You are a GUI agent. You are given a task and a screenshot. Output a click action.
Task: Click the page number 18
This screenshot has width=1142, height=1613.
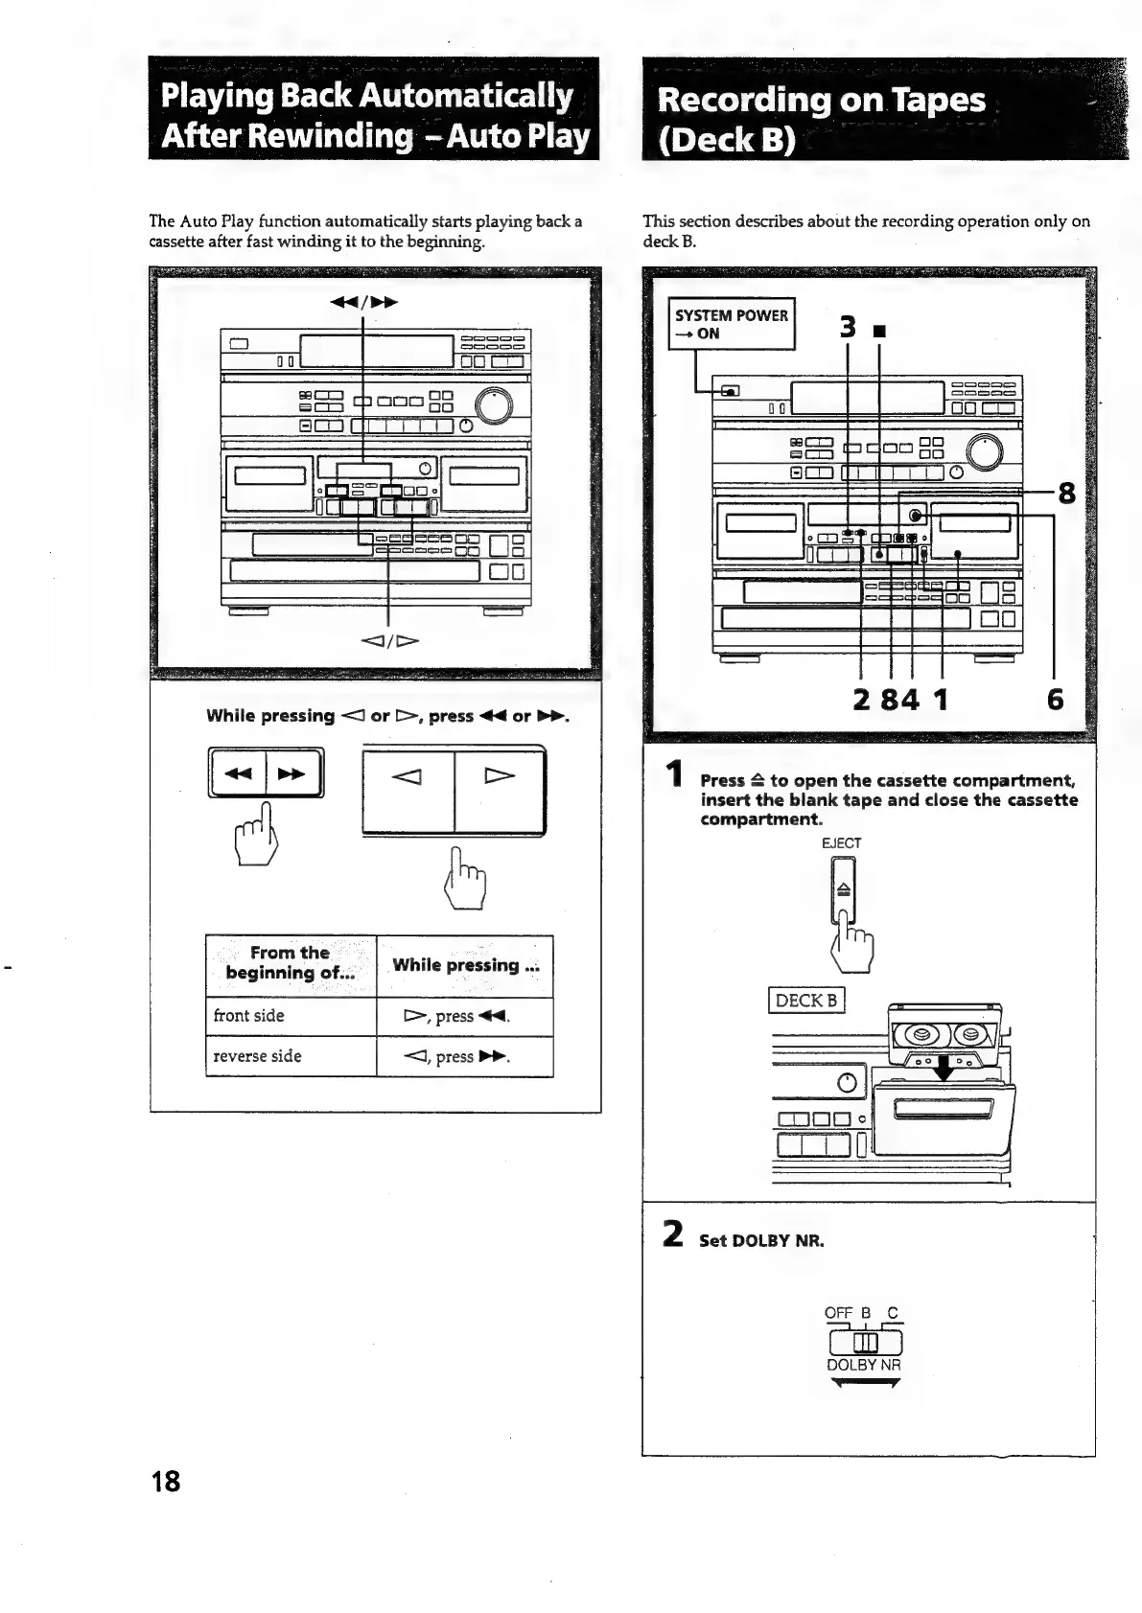165,1481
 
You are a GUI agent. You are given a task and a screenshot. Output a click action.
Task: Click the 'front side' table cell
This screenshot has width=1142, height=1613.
291,1016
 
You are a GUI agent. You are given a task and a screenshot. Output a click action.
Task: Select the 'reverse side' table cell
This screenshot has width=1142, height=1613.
291,1056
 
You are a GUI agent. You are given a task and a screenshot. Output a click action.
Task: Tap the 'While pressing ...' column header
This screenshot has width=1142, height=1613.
465,966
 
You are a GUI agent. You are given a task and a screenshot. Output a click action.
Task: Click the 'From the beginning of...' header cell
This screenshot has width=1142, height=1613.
291,963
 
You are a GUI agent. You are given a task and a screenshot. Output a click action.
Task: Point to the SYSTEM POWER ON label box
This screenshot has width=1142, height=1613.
731,324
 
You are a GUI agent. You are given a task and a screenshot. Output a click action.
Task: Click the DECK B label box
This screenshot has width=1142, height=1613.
805,1001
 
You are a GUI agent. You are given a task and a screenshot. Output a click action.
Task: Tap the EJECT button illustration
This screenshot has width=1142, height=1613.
844,889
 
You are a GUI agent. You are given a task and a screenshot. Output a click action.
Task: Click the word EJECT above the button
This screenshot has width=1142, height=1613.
841,843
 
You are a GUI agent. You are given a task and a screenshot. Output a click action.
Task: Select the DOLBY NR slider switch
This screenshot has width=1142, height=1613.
864,1341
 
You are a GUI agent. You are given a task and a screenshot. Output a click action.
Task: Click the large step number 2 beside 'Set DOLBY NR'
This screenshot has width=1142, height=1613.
672,1233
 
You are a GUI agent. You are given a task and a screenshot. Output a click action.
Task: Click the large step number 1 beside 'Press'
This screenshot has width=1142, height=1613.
675,774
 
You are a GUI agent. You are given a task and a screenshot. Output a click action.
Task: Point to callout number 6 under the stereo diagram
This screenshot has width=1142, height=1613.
1055,700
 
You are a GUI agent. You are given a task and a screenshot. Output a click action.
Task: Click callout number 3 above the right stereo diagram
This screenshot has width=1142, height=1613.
847,327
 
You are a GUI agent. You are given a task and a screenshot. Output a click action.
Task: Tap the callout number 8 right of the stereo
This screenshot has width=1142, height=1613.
1065,495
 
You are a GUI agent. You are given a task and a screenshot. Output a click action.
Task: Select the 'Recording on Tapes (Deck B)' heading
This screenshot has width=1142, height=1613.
822,119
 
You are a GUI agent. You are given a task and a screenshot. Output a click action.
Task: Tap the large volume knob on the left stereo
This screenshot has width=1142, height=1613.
494,406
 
